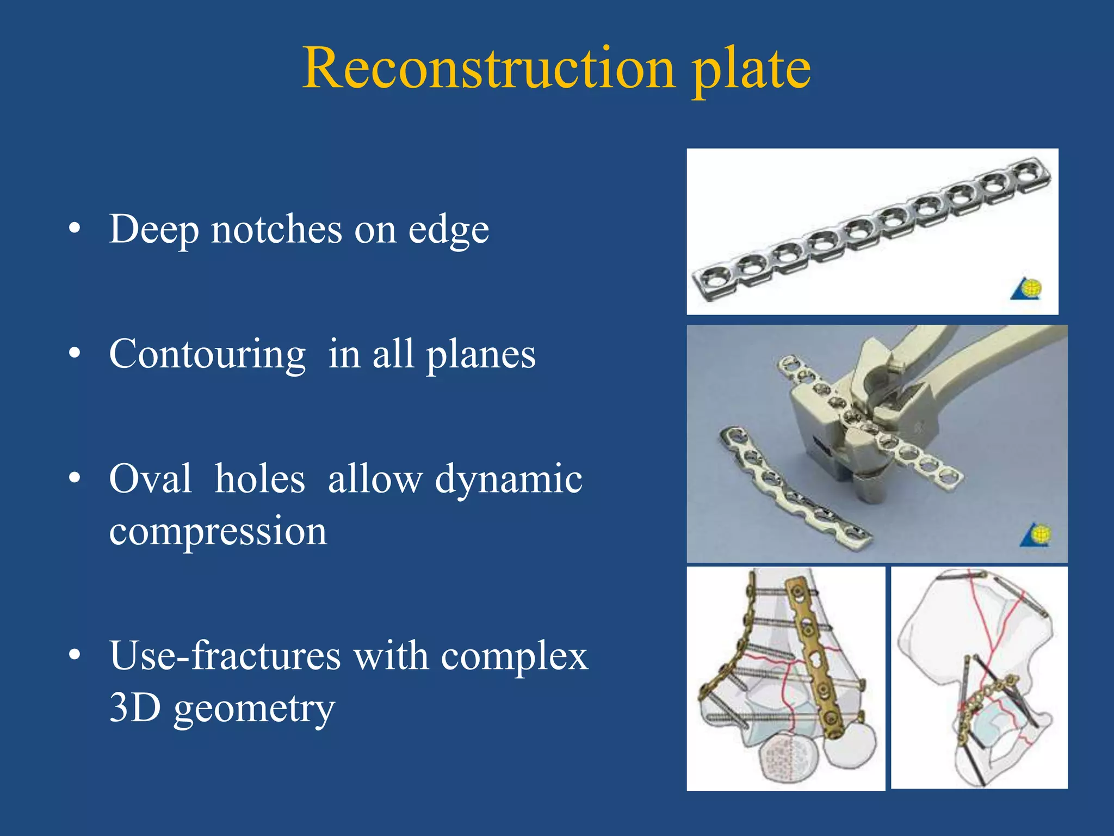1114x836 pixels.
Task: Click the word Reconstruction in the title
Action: tap(488, 69)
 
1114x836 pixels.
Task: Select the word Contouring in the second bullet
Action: tap(207, 354)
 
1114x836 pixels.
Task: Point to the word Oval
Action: tap(150, 479)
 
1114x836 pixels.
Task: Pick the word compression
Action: tap(218, 531)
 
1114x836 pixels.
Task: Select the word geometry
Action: tap(254, 709)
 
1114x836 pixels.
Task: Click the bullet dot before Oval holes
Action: tap(75, 478)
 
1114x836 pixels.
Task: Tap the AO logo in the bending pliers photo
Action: tap(1036, 535)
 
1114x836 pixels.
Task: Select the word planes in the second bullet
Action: tap(481, 355)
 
